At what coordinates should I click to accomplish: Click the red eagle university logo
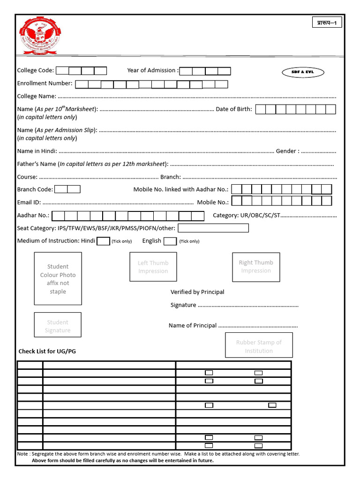pyautogui.click(x=39, y=36)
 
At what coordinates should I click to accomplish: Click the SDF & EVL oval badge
pyautogui.click(x=303, y=72)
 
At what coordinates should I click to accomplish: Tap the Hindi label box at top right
pyautogui.click(x=327, y=22)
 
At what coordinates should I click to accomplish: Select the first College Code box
pyautogui.click(x=62, y=71)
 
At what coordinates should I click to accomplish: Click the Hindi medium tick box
pyautogui.click(x=103, y=241)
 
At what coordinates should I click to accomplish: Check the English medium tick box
pyautogui.click(x=170, y=241)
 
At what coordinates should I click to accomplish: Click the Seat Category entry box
pyautogui.click(x=213, y=228)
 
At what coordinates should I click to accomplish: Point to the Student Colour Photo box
pyautogui.click(x=58, y=278)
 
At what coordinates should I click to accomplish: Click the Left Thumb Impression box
pyautogui.click(x=153, y=267)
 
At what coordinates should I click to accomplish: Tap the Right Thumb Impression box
pyautogui.click(x=256, y=267)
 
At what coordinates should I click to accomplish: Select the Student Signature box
pyautogui.click(x=58, y=325)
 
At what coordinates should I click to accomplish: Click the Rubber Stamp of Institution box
pyautogui.click(x=259, y=345)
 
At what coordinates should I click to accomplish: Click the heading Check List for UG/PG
pyautogui.click(x=47, y=351)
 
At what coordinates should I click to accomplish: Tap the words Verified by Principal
pyautogui.click(x=197, y=292)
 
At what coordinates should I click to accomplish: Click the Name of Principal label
pyautogui.click(x=193, y=325)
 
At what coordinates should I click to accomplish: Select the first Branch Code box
pyautogui.click(x=61, y=189)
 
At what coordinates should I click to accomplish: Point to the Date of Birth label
pyautogui.click(x=233, y=109)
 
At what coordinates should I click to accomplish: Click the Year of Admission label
pyautogui.click(x=152, y=71)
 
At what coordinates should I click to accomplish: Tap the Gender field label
pyautogui.click(x=287, y=151)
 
